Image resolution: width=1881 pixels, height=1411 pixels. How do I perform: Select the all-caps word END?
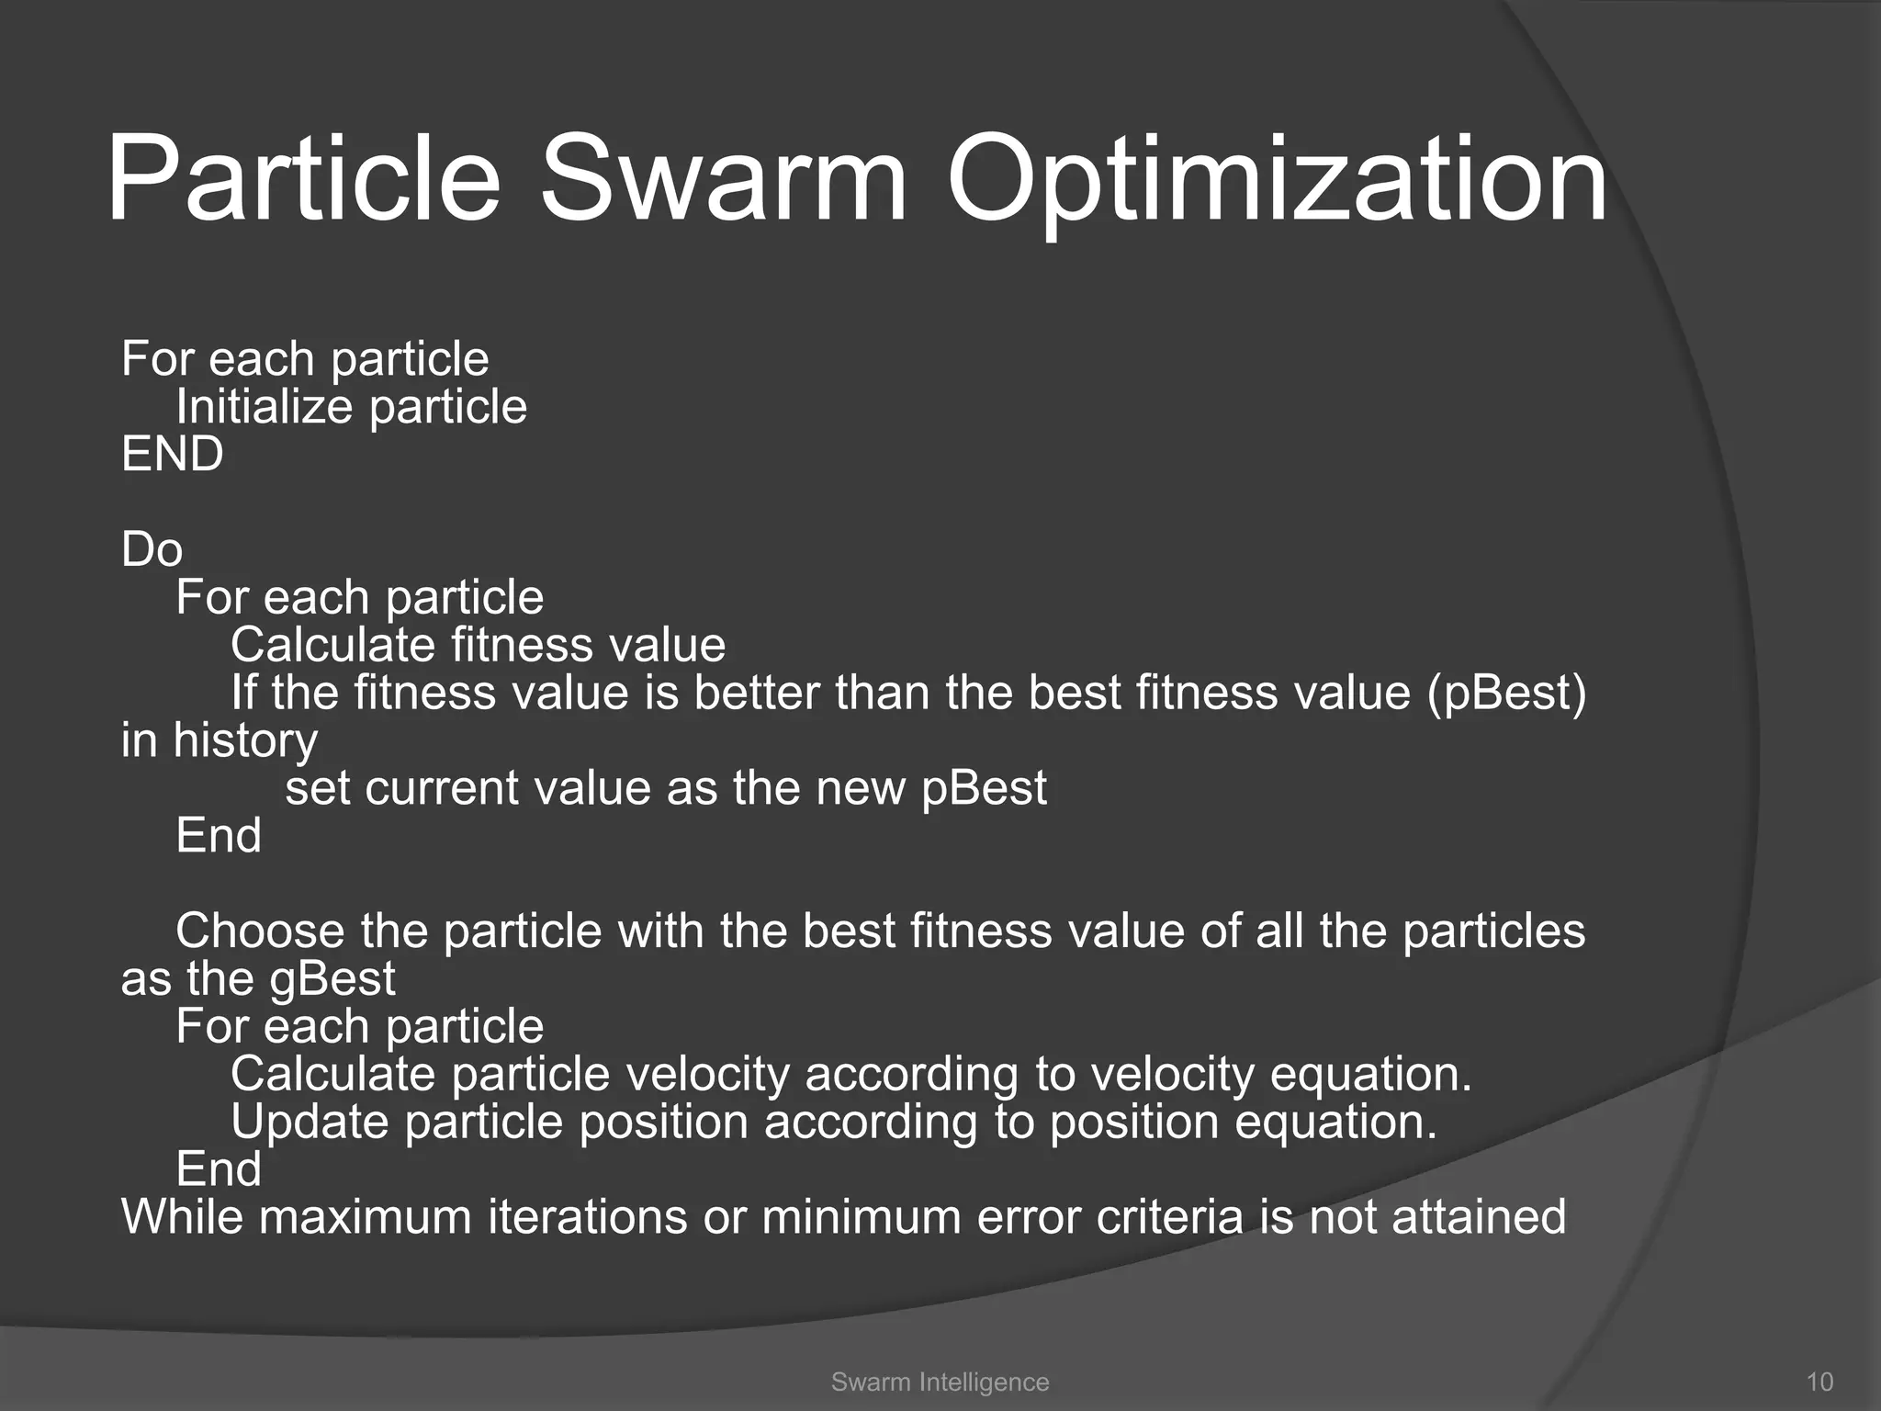(x=173, y=454)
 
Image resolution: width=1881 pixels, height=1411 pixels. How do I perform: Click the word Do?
(x=152, y=549)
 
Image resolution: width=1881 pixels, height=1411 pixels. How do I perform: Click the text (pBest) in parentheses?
(x=1506, y=693)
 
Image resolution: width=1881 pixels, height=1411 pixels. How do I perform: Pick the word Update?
(x=310, y=1122)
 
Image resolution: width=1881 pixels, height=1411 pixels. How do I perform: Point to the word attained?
(x=1479, y=1217)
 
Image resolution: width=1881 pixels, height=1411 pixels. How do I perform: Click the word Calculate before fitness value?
(x=332, y=645)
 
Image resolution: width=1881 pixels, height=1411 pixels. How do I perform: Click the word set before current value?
(x=317, y=788)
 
